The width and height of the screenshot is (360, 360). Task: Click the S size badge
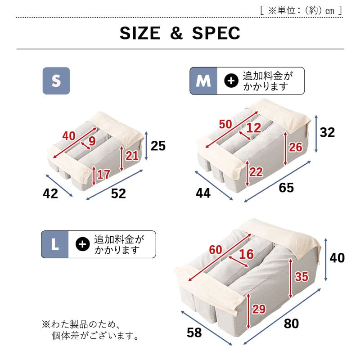pyautogui.click(x=56, y=81)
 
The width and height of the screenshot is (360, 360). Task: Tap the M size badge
pyautogui.click(x=203, y=81)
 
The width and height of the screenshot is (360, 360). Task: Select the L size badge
pyautogui.click(x=54, y=244)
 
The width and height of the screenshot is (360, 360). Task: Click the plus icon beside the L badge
pyautogui.click(x=82, y=244)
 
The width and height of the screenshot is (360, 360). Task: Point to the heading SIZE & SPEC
pyautogui.click(x=180, y=33)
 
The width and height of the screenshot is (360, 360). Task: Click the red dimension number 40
pyautogui.click(x=69, y=135)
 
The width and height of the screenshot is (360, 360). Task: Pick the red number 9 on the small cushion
pyautogui.click(x=92, y=141)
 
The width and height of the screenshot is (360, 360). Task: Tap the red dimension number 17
pyautogui.click(x=103, y=174)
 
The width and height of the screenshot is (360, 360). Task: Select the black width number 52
pyautogui.click(x=118, y=193)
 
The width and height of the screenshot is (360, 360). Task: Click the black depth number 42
pyautogui.click(x=50, y=193)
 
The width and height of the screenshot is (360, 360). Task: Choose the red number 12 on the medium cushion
pyautogui.click(x=254, y=128)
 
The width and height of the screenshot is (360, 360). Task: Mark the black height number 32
pyautogui.click(x=328, y=132)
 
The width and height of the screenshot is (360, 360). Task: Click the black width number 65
pyautogui.click(x=286, y=188)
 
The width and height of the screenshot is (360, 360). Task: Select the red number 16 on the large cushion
pyautogui.click(x=246, y=254)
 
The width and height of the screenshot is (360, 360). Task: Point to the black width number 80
pyautogui.click(x=292, y=323)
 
